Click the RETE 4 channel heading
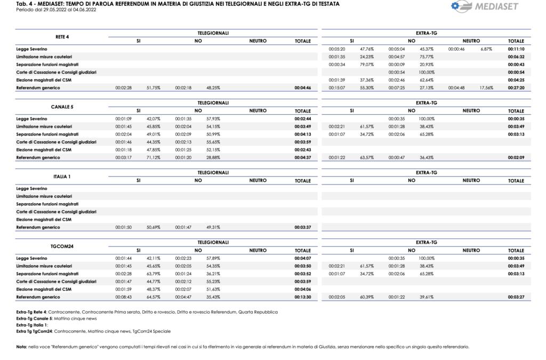[62, 37]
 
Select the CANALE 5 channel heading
[62, 107]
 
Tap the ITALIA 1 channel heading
[62, 177]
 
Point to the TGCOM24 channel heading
[62, 246]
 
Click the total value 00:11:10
[516, 49]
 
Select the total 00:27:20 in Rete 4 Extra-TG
[516, 87]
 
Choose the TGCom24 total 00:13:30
[302, 297]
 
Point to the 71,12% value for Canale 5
[154, 157]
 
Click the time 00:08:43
[123, 297]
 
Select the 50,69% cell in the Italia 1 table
[154, 227]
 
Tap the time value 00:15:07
[337, 87]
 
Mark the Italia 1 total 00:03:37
[302, 227]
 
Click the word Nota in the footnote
[21, 347]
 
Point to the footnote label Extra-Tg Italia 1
[32, 325]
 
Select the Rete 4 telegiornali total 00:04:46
[302, 87]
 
